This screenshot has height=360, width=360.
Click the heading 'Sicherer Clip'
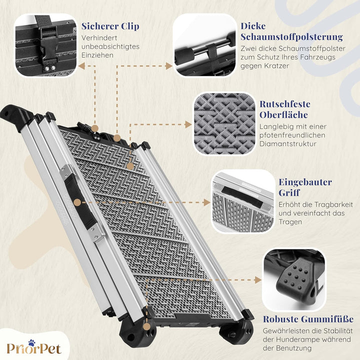click(110, 26)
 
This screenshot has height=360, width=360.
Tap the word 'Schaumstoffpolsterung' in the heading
click(291, 37)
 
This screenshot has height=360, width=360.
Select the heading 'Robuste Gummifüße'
click(308, 319)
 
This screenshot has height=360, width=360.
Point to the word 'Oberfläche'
click(283, 115)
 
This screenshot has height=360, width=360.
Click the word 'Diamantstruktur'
click(288, 144)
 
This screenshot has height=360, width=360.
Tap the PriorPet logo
click(34, 347)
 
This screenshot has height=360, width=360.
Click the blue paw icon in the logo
click(31, 343)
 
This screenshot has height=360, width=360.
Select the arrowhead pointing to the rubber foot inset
click(258, 280)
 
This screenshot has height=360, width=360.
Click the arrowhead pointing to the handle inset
click(207, 202)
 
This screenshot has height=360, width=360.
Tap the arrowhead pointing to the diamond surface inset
click(188, 124)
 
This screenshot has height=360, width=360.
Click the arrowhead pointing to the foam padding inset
click(169, 66)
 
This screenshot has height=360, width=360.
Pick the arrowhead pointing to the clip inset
click(81, 66)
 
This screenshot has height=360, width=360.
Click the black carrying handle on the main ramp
click(80, 202)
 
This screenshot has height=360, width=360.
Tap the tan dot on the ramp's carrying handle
click(78, 202)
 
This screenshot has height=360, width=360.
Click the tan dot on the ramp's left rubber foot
click(146, 326)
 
